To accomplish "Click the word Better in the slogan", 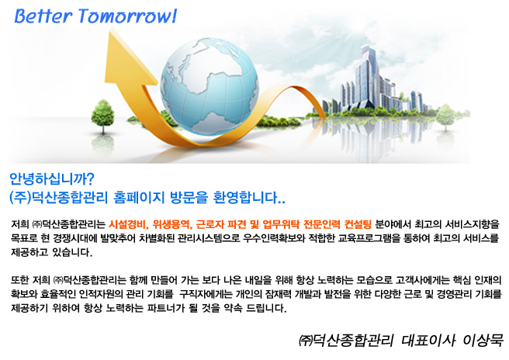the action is coord(43,16).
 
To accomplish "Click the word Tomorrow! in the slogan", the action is coord(127,16).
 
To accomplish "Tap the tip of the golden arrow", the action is coord(112,29).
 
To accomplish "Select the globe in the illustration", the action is coord(209,86).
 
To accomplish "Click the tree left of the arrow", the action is coord(103,116).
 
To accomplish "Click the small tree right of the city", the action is coord(445,117).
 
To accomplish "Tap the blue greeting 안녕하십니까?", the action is coord(52,178).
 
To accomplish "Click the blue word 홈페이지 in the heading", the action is coord(139,197).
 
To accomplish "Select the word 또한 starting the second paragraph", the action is coord(20,280).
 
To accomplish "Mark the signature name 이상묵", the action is coord(483,341).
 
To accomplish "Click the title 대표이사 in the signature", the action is coord(428,341).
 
